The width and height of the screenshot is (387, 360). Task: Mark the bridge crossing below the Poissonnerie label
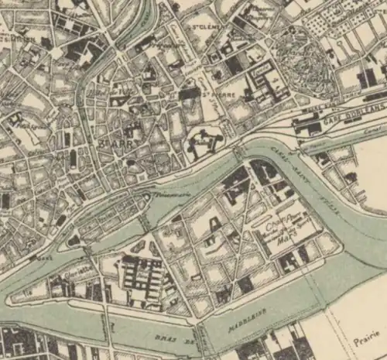coord(147,221)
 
